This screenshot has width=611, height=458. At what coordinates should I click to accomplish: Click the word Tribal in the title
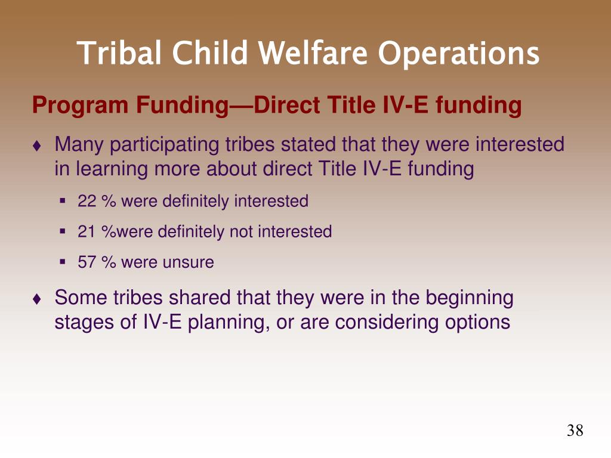tap(119, 52)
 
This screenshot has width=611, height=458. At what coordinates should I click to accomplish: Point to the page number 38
tap(575, 431)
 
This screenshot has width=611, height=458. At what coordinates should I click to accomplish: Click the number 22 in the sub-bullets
tap(87, 202)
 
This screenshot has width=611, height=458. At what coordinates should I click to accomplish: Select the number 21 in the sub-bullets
tap(86, 232)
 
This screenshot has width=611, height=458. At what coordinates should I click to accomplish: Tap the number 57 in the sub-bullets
tap(87, 262)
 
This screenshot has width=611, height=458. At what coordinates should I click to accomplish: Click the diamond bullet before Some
tap(37, 299)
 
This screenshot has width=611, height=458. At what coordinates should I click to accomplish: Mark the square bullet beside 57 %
tap(62, 262)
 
